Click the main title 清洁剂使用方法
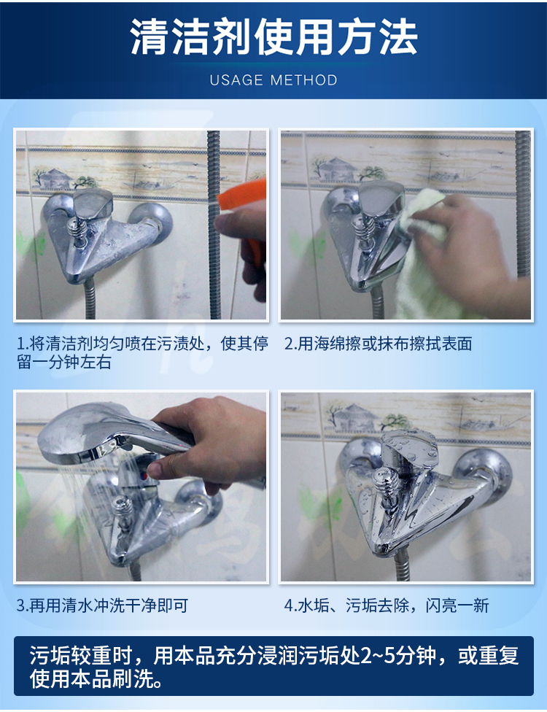point(273,37)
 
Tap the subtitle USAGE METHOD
point(273,80)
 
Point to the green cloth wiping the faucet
point(420,255)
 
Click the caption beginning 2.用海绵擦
point(378,344)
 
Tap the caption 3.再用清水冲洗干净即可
point(103,605)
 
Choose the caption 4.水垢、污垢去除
point(387,605)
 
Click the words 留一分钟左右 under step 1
point(64,363)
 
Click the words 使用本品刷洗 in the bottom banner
point(90,679)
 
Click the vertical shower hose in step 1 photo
point(214,225)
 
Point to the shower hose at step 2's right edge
point(524,204)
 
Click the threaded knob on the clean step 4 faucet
point(385,489)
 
